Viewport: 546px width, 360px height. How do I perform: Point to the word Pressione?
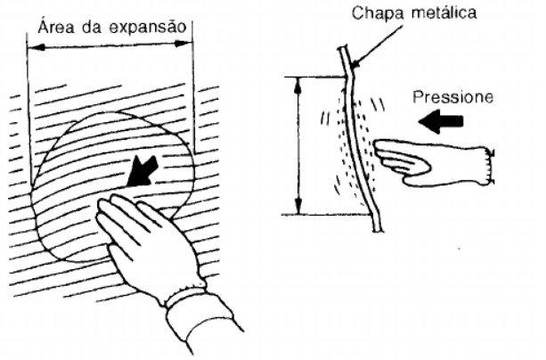pos(453,96)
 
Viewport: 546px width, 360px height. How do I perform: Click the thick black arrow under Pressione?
pos(441,121)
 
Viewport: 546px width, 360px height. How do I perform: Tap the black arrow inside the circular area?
pos(143,171)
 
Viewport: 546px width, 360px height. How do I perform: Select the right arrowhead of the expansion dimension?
pos(183,43)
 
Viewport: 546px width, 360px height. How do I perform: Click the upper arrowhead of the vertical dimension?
pos(297,86)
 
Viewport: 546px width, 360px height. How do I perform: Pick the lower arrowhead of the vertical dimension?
pos(298,206)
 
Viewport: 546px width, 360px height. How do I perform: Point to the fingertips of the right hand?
pos(378,146)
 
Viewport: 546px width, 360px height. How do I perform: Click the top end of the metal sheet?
pos(342,47)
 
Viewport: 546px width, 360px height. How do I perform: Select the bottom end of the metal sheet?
pos(379,230)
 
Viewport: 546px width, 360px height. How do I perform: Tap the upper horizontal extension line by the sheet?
pos(316,77)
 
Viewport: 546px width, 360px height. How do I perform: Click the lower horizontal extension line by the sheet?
pos(326,215)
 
